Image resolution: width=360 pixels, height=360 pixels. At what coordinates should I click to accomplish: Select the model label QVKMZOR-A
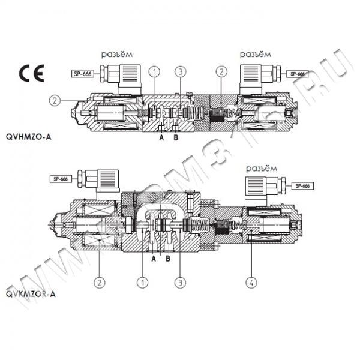coord(32,294)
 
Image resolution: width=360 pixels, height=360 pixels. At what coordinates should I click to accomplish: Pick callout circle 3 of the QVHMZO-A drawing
coord(181,73)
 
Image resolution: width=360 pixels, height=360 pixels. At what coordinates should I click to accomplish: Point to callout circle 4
coord(250,279)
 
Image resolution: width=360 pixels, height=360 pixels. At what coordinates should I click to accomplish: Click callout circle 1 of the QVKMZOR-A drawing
coord(143,280)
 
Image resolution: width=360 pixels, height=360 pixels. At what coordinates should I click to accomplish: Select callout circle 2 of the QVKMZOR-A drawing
coord(99,280)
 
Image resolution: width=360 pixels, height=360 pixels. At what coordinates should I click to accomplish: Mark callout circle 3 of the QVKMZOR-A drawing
coord(178,280)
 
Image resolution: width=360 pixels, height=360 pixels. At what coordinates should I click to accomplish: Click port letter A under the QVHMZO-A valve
coord(161,137)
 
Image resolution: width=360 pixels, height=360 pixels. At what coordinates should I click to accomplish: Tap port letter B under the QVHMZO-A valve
coord(175,137)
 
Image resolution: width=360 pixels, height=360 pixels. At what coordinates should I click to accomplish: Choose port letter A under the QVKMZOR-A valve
coord(154,259)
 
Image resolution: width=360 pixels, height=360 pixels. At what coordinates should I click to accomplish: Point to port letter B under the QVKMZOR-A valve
coord(168,259)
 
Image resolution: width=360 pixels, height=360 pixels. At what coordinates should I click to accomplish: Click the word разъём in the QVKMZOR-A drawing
coord(263,169)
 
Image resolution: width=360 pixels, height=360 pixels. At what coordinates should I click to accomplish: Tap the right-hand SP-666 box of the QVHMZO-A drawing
coord(297,74)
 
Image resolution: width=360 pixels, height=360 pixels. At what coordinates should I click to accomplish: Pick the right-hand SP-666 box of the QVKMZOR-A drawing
coord(302,186)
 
